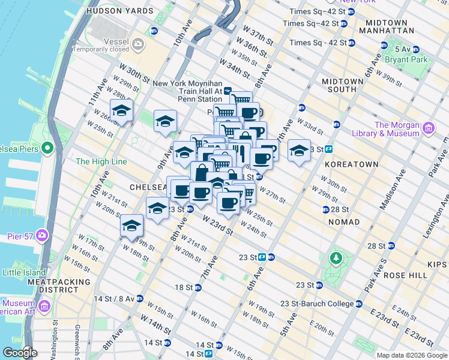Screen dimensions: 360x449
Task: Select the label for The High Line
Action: tap(101, 161)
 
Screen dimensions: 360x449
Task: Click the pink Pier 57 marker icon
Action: tap(42, 234)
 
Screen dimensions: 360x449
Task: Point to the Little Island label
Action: tap(24, 272)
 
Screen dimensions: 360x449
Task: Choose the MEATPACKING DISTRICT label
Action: tap(59, 286)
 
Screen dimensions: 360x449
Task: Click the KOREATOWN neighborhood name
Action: tap(351, 164)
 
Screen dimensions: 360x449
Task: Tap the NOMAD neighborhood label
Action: tap(344, 222)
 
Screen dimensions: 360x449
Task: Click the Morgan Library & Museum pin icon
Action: tap(428, 128)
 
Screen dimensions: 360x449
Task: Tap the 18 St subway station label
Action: tap(183, 287)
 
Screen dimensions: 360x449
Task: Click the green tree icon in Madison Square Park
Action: tap(336, 259)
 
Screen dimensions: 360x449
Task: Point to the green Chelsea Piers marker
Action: tap(47, 148)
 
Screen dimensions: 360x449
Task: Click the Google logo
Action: tap(19, 352)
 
